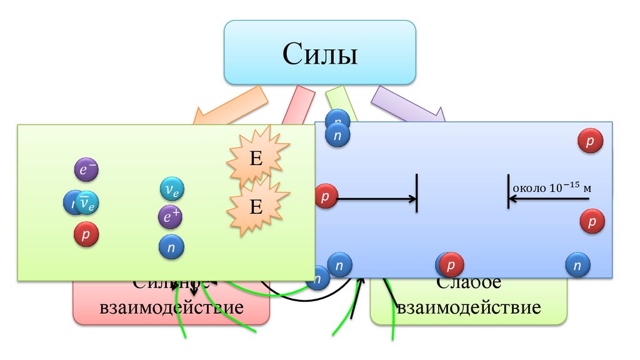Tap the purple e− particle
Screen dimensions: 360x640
pos(86,169)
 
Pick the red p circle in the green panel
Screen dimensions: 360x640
pos(86,234)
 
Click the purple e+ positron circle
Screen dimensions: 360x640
pos(170,217)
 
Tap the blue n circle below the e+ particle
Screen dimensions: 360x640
pos(171,247)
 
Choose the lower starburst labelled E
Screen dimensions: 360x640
pos(257,206)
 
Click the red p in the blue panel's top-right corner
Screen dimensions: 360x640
pos(590,141)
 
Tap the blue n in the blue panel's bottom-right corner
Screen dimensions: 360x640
pos(577,266)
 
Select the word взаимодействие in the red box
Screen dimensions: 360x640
pos(172,308)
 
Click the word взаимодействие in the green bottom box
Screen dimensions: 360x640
pos(469,308)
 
